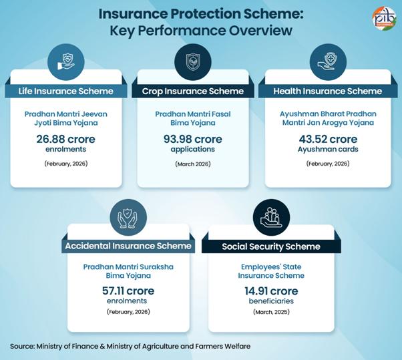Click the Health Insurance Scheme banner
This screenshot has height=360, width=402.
[327, 91]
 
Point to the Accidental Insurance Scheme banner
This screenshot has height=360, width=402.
[128, 246]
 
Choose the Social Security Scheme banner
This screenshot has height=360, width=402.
[271, 246]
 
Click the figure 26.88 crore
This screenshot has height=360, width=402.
[65, 139]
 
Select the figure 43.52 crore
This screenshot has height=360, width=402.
[328, 139]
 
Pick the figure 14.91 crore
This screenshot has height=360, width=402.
[270, 291]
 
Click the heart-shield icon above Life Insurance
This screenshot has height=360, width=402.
[65, 58]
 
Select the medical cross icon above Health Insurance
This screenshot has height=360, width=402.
[328, 59]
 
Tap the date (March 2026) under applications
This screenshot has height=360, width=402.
[193, 164]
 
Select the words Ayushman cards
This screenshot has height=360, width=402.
[328, 150]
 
